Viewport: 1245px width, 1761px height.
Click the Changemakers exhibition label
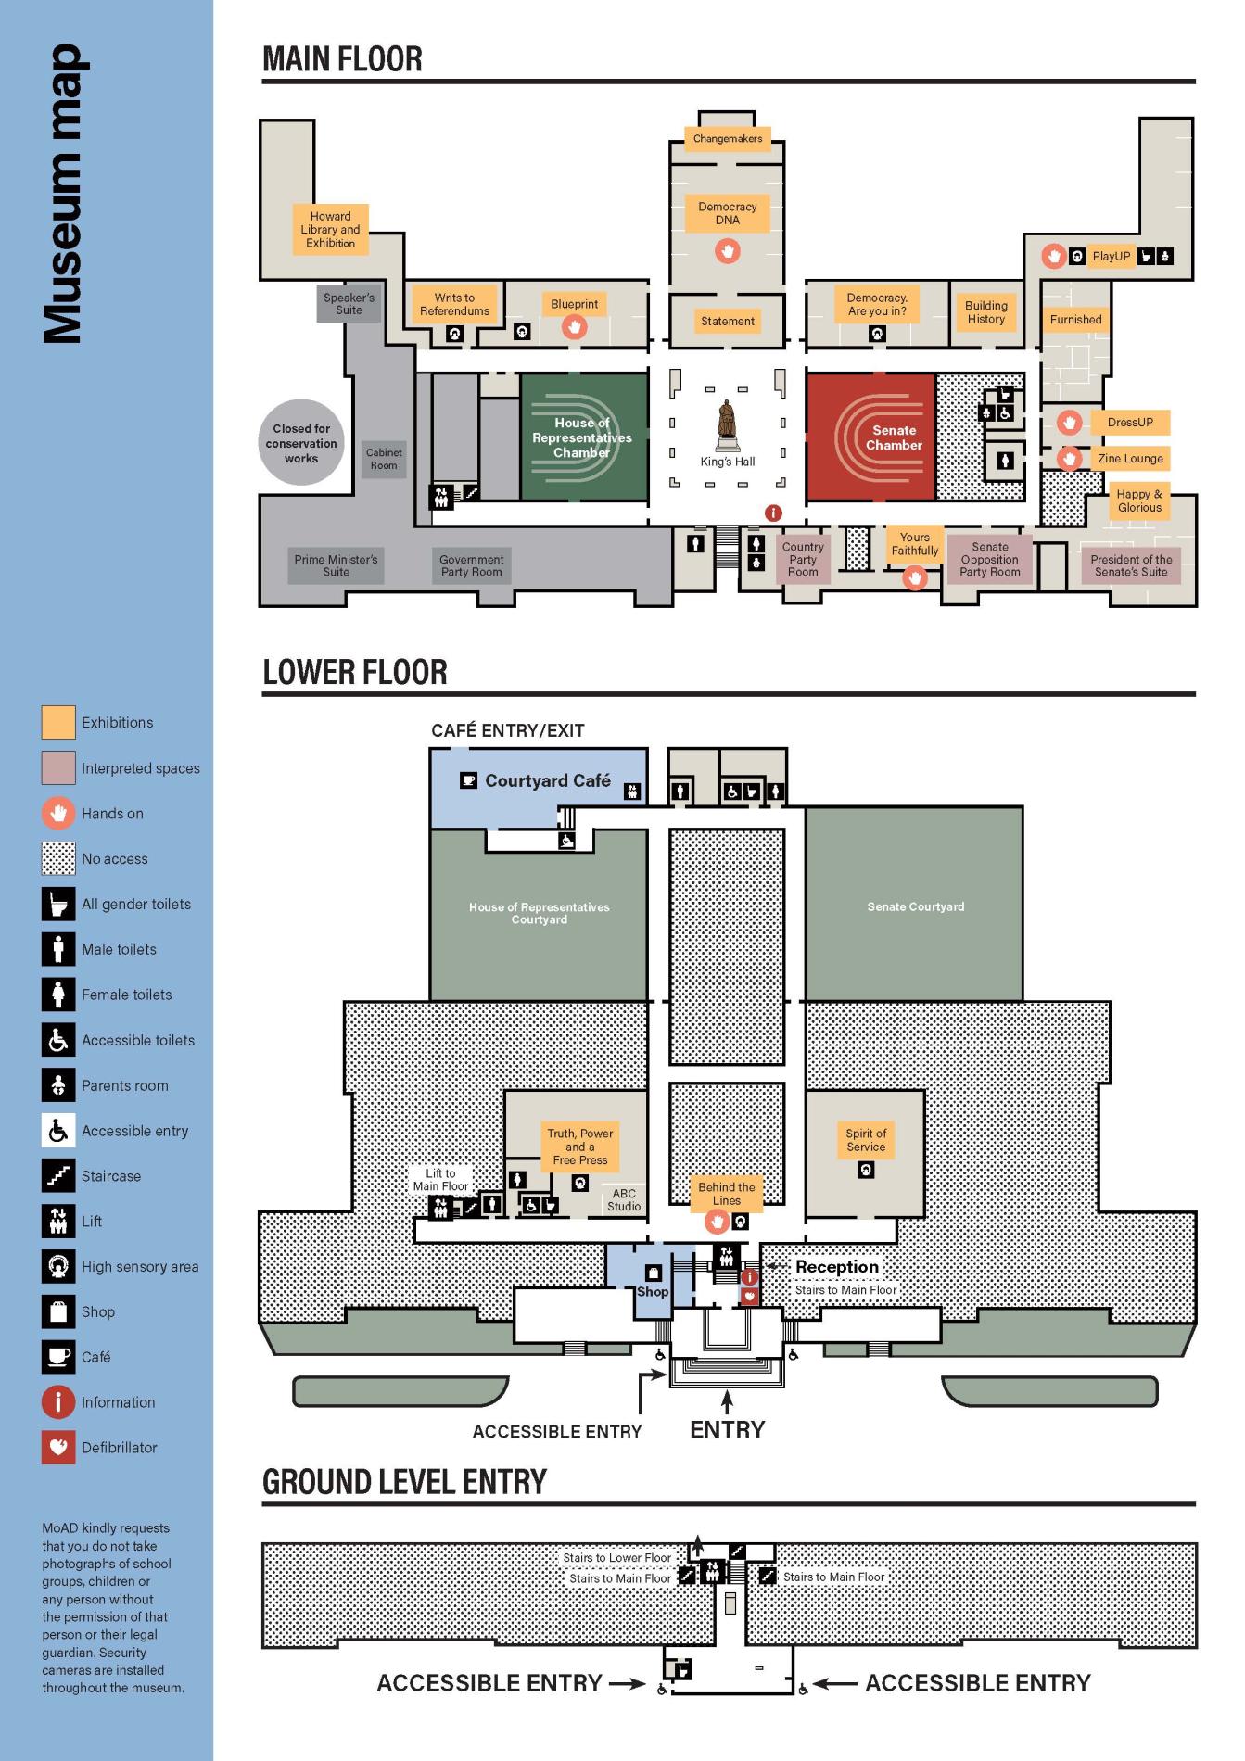pos(728,139)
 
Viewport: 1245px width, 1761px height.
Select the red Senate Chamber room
pos(870,437)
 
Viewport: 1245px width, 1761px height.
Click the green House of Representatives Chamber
pos(583,437)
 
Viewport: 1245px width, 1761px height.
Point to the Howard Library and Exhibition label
pos(330,230)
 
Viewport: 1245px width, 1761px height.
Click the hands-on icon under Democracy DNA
pos(728,251)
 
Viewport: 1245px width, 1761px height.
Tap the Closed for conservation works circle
pos(301,443)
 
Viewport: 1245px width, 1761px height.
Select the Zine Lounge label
pos(1130,459)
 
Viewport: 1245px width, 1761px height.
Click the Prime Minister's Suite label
pos(336,565)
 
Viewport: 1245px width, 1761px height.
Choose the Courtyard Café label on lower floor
pos(547,781)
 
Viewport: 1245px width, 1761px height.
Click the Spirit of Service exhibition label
pos(866,1140)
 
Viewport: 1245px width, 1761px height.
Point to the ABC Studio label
pos(624,1200)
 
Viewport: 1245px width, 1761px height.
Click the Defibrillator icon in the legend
pos(58,1448)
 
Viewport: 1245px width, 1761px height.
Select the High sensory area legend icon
pos(58,1266)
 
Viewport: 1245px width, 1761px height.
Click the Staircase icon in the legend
pos(58,1176)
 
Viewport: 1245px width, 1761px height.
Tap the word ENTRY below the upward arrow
pos(728,1430)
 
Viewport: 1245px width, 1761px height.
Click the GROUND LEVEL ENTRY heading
pos(404,1482)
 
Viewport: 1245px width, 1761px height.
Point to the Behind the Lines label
pos(727,1194)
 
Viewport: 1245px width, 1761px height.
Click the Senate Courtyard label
pos(915,906)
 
